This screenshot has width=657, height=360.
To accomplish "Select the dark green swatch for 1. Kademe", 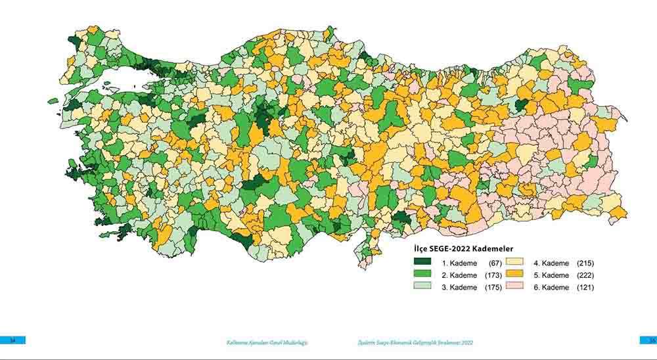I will [x=422, y=263].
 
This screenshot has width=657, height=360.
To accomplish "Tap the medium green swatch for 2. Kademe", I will [x=422, y=275].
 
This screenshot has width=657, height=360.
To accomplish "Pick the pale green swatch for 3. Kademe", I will [x=422, y=288].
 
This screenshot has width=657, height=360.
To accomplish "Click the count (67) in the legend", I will [x=495, y=263].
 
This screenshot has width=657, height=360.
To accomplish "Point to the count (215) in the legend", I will [x=585, y=263].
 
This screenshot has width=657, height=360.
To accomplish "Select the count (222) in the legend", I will [x=585, y=275].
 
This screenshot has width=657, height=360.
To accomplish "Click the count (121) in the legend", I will [x=585, y=288].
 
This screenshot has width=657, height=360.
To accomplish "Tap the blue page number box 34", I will [x=12, y=340].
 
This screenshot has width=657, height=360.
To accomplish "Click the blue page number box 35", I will [x=648, y=340].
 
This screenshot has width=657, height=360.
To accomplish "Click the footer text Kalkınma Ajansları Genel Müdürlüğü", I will [x=267, y=343].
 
